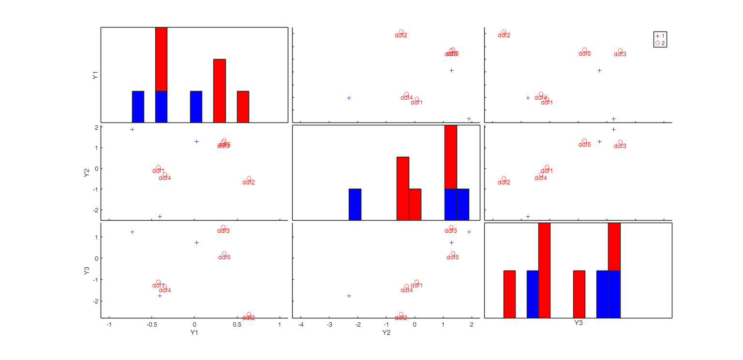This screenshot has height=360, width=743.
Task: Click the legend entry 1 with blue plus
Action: [x=660, y=36]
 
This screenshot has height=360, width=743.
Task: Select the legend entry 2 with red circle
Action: [x=660, y=43]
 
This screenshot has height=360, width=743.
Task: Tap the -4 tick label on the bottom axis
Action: [x=301, y=325]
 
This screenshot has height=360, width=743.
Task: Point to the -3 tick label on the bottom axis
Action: [x=329, y=325]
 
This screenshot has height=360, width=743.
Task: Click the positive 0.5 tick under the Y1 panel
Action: [x=237, y=325]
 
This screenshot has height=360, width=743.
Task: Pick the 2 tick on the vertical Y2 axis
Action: [x=96, y=128]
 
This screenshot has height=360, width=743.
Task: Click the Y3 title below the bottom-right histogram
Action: [x=578, y=323]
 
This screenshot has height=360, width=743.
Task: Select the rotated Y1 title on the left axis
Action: [x=96, y=75]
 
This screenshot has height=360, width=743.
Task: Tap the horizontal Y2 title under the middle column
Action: [x=386, y=332]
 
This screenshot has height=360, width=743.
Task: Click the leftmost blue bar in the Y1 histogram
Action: [x=138, y=106]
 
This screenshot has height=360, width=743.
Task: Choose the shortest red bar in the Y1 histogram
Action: [x=243, y=106]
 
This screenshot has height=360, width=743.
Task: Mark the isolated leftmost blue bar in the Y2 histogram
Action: [x=355, y=204]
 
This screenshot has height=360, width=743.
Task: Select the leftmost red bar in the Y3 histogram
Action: [x=509, y=294]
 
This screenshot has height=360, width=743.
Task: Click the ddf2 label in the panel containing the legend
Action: [x=504, y=35]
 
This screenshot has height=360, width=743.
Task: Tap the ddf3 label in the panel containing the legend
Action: [x=620, y=54]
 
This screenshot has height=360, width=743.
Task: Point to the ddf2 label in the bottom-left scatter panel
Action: [x=249, y=318]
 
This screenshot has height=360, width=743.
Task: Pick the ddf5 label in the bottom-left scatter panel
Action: [x=224, y=257]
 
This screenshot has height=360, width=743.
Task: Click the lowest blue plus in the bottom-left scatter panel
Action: [x=160, y=296]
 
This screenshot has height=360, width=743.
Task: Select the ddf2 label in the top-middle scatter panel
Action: [x=401, y=35]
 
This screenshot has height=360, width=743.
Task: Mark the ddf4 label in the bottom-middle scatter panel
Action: [x=407, y=290]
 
